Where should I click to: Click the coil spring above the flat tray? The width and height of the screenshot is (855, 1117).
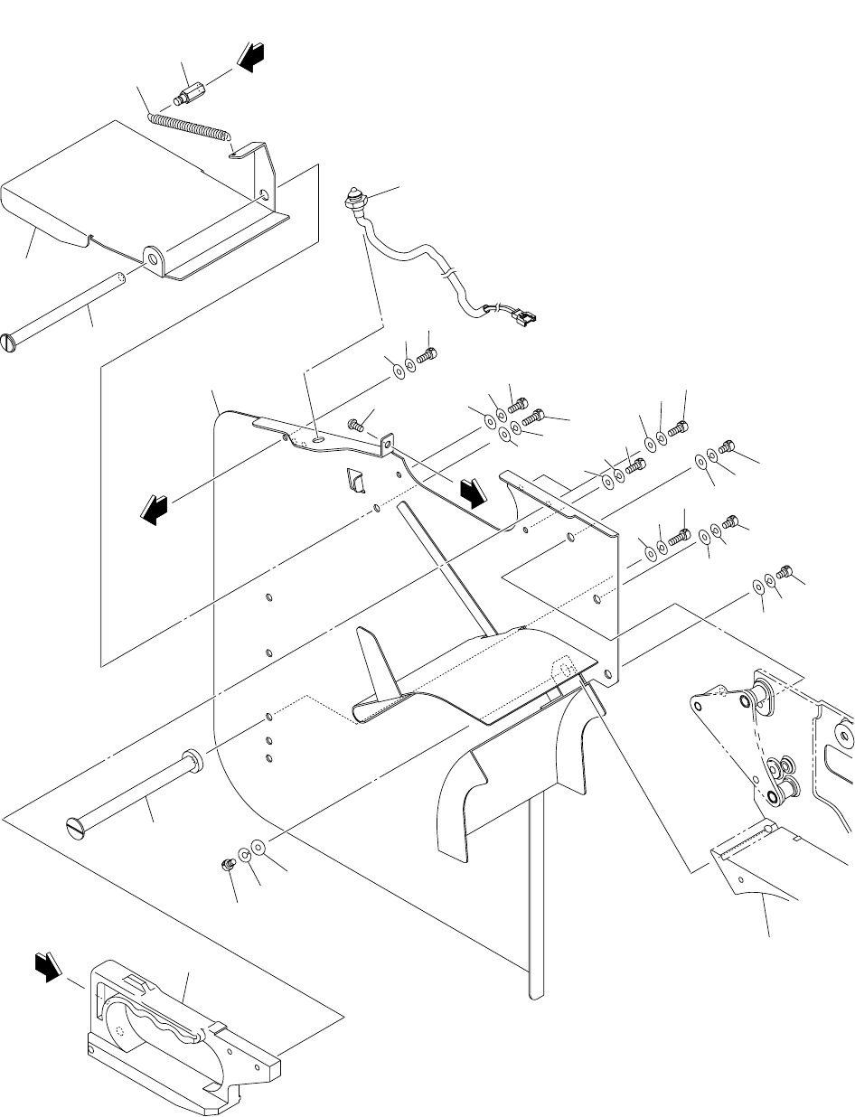click(186, 121)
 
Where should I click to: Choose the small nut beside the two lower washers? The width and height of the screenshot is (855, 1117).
click(228, 864)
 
